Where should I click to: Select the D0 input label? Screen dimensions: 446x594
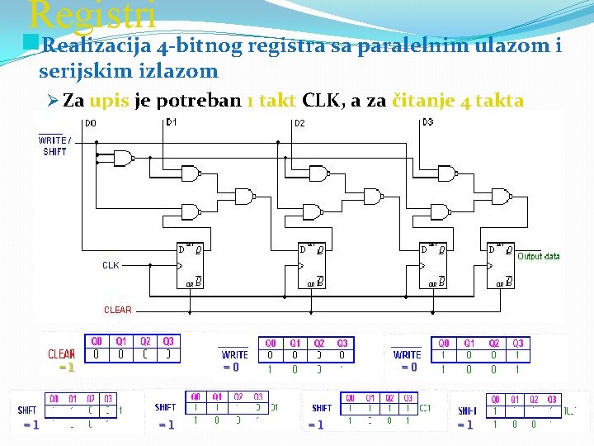(90, 124)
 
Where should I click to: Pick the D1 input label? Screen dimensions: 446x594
(171, 123)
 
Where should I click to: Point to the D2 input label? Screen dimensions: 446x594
(299, 124)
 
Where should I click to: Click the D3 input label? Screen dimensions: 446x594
(427, 123)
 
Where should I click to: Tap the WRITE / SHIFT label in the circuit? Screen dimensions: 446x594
(54, 145)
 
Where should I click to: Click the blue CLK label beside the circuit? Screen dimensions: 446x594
(111, 265)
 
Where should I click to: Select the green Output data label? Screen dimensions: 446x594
(538, 256)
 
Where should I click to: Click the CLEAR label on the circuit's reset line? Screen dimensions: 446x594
(117, 310)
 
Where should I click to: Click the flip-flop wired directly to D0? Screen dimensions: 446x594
(191, 265)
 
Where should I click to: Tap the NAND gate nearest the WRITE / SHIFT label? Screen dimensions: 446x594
(124, 158)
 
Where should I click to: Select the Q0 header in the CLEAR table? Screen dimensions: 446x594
(97, 340)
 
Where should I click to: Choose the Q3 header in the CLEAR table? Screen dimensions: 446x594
(168, 340)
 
